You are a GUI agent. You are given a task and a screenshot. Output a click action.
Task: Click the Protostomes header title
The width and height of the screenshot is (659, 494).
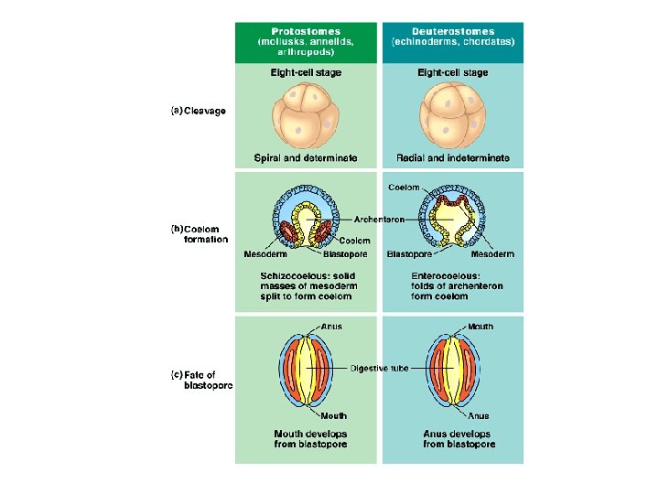(x=305, y=31)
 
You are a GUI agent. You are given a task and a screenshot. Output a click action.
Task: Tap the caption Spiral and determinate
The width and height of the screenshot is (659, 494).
(x=306, y=157)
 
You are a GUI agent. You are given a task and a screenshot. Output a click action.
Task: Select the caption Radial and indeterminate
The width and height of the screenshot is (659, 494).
(x=453, y=157)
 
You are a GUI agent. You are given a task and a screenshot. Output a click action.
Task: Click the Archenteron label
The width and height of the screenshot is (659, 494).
(x=379, y=220)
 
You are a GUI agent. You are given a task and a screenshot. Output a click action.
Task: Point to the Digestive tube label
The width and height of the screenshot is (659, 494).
(x=380, y=368)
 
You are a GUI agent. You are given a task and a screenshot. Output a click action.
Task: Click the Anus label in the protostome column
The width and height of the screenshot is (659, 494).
(x=331, y=327)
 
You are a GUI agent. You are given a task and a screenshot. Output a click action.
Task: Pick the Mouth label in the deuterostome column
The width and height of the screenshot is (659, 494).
(x=480, y=327)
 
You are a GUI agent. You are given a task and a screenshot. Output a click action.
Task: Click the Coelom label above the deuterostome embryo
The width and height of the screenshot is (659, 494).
(x=404, y=188)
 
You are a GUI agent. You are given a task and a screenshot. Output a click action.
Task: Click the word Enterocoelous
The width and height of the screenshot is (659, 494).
(x=443, y=275)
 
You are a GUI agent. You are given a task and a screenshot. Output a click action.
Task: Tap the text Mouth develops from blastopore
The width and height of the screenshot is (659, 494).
(x=310, y=438)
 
